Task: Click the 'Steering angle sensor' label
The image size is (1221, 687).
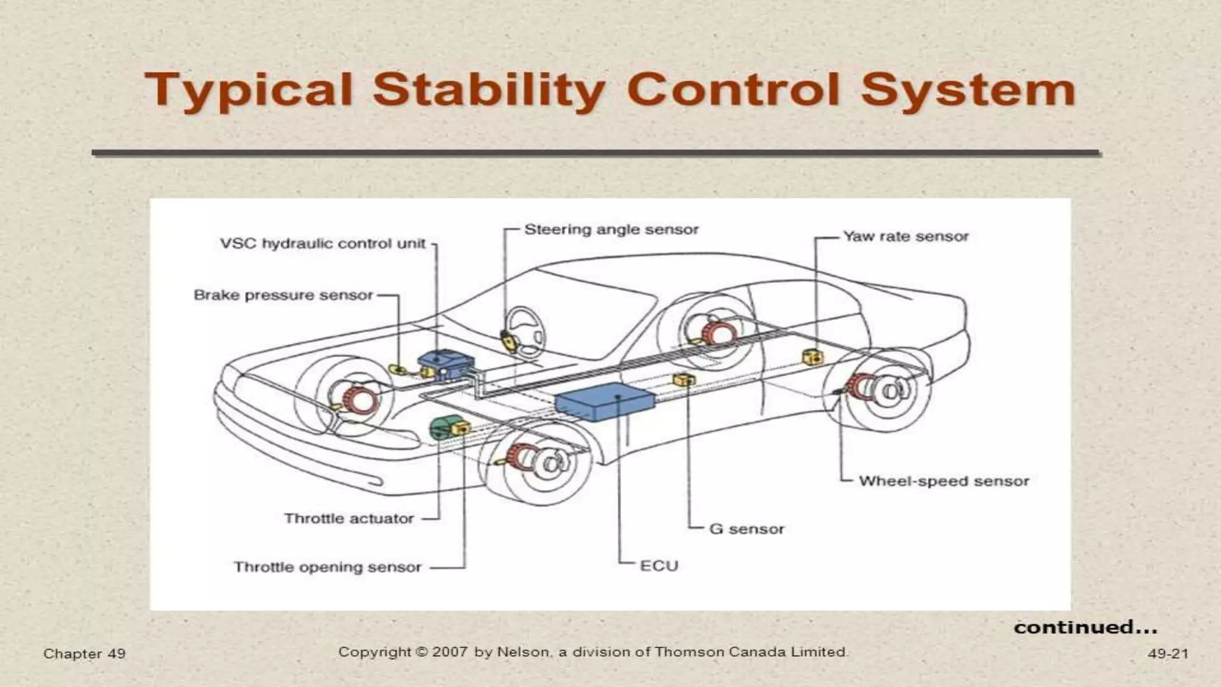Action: click(611, 230)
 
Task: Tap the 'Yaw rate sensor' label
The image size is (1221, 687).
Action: click(906, 237)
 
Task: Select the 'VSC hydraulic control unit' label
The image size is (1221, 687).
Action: click(323, 244)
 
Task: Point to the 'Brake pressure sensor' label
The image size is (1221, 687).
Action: click(283, 295)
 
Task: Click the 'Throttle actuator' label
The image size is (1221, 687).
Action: click(349, 519)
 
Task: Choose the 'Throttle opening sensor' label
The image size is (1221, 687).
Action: click(327, 567)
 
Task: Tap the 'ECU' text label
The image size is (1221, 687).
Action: click(659, 566)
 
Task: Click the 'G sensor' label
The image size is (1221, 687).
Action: click(746, 529)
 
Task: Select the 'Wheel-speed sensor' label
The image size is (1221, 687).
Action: click(944, 481)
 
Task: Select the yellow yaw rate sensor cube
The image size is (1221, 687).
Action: click(813, 357)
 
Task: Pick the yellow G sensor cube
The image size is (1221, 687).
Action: click(683, 380)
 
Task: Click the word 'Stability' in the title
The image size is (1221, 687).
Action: click(488, 91)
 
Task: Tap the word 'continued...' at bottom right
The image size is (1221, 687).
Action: click(1085, 627)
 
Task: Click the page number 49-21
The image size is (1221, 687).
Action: click(1167, 654)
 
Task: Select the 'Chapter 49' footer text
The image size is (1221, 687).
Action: click(84, 654)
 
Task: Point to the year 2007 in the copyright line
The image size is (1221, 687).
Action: click(450, 652)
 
